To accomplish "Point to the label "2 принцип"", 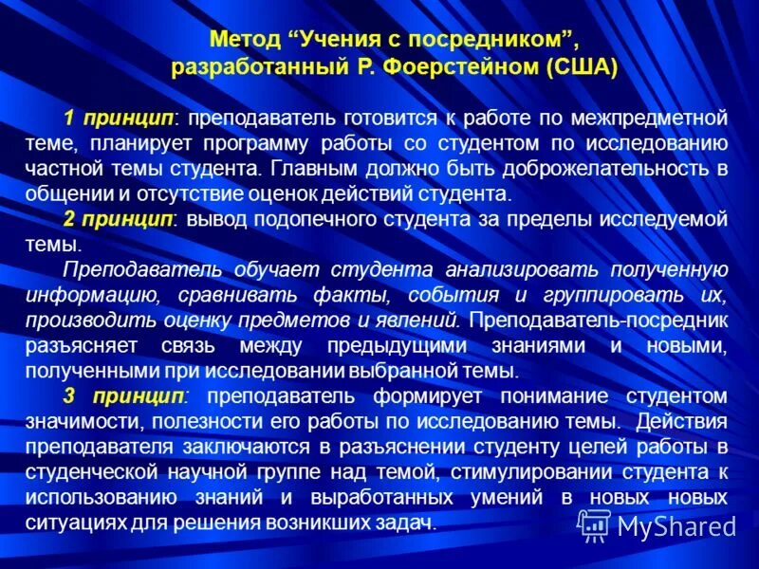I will click(120, 219).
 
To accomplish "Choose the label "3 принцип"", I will click(120, 395).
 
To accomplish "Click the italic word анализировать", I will click(511, 270).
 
